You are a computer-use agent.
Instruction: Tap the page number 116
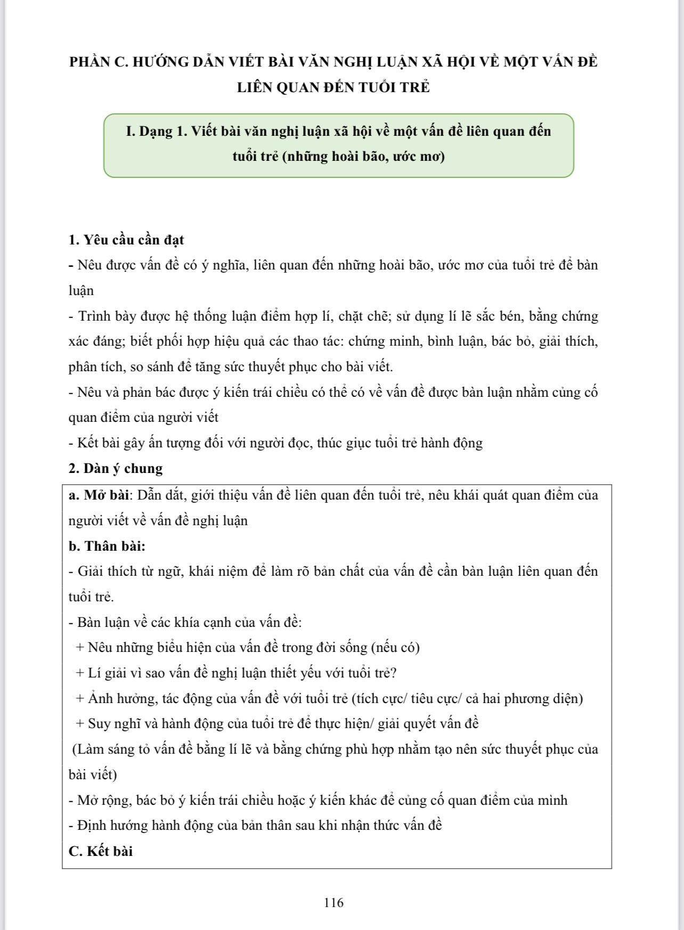click(333, 902)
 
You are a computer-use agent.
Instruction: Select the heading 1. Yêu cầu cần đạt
click(126, 240)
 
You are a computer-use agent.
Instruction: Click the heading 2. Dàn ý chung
click(116, 468)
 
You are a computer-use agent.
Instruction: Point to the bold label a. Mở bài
click(99, 495)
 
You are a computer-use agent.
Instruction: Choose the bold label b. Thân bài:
click(107, 546)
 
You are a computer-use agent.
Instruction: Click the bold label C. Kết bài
click(101, 851)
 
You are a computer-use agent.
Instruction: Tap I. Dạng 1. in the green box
click(156, 131)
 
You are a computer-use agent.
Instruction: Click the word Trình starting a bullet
click(95, 316)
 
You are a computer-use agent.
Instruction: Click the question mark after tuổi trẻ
click(394, 673)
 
